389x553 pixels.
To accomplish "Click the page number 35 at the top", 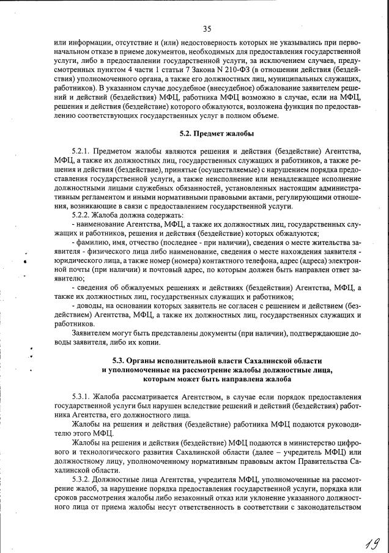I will pos(207,28).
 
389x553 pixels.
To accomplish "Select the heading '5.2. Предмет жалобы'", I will pos(217,133).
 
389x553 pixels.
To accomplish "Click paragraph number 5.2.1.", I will pos(81,151).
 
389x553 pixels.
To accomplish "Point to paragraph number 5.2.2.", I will pos(81,215).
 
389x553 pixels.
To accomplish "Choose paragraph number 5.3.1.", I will pos(81,396).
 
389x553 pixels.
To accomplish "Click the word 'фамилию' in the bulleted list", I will pos(93,243).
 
